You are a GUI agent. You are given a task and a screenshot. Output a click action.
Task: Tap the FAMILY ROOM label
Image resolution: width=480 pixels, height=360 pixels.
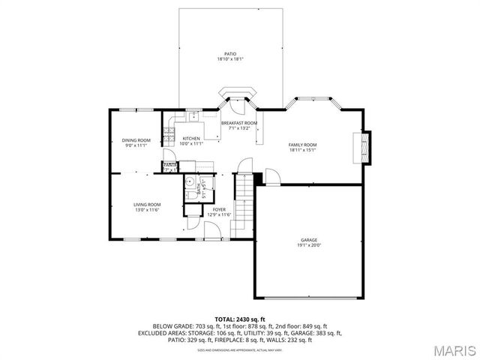click(x=303, y=144)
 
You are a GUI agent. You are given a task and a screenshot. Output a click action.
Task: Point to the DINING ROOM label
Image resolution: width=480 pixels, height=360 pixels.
click(x=136, y=140)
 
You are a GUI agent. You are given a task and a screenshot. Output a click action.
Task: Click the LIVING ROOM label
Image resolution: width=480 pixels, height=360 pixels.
click(x=147, y=205)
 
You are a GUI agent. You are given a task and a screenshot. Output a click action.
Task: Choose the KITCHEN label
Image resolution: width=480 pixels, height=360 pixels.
click(x=191, y=139)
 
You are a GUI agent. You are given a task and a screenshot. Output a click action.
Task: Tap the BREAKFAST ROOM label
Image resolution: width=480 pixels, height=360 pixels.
click(x=238, y=123)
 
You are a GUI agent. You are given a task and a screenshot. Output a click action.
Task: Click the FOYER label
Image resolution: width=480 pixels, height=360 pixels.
click(x=219, y=209)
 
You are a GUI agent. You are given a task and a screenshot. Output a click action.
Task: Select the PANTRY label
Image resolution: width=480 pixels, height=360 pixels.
click(x=170, y=164)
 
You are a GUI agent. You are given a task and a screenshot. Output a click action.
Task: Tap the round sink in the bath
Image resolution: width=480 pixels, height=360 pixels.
click(x=190, y=181)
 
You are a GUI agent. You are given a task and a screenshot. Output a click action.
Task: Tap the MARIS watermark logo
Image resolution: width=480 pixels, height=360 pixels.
click(x=448, y=350)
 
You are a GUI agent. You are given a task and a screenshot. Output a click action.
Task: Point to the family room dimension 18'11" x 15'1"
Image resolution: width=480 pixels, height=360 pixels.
click(x=303, y=149)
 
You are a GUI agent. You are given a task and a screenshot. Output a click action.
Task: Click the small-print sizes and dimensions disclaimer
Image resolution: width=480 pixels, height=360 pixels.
click(x=240, y=349)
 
